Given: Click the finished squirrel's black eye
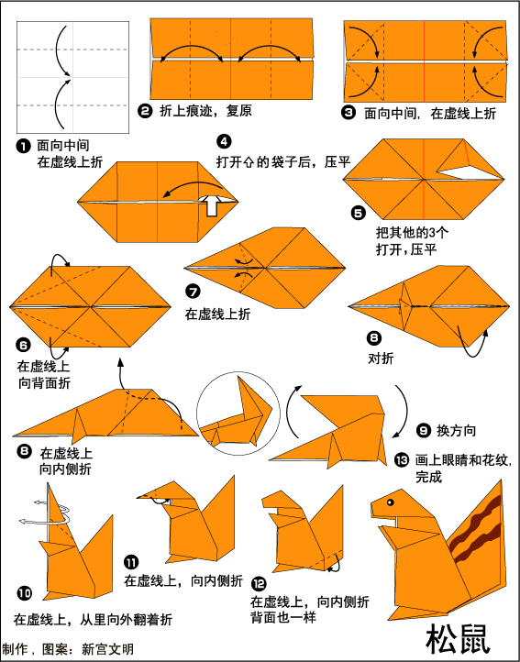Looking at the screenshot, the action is (390, 502).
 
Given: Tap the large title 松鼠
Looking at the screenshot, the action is (458, 639).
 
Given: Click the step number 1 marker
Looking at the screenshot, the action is (24, 147).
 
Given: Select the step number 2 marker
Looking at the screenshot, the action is (145, 112).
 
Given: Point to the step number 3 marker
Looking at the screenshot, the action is (349, 113).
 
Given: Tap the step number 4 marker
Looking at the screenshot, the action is (224, 141).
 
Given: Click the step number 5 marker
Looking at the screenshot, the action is (359, 213).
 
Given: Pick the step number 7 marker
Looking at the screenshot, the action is (193, 292).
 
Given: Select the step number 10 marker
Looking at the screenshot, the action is (25, 593).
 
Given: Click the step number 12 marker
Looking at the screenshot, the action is (259, 584).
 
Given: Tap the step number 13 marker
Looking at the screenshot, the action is (402, 460).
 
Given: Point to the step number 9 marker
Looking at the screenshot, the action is (423, 431).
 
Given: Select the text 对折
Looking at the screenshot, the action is (381, 359).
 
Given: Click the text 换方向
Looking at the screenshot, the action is (456, 431).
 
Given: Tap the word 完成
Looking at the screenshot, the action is (429, 477).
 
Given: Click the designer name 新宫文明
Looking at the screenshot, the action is (107, 649).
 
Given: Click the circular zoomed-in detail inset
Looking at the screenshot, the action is (238, 414).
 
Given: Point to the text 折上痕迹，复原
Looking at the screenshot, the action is (205, 111).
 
